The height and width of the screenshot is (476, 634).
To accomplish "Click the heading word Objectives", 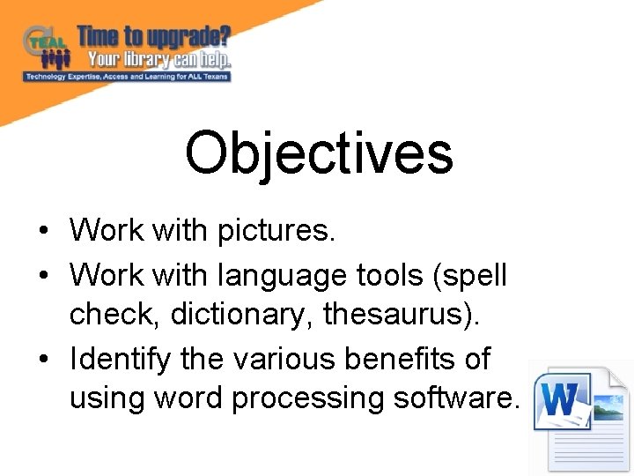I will tap(319, 152).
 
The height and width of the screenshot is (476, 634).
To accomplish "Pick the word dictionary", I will tap(217, 316).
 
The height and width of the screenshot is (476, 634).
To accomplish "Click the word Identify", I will tap(116, 360).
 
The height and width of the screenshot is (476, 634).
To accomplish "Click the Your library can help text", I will tap(158, 60).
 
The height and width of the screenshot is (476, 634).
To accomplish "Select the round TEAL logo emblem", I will tap(41, 41).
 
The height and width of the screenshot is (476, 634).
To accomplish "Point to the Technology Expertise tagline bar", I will tap(127, 77).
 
